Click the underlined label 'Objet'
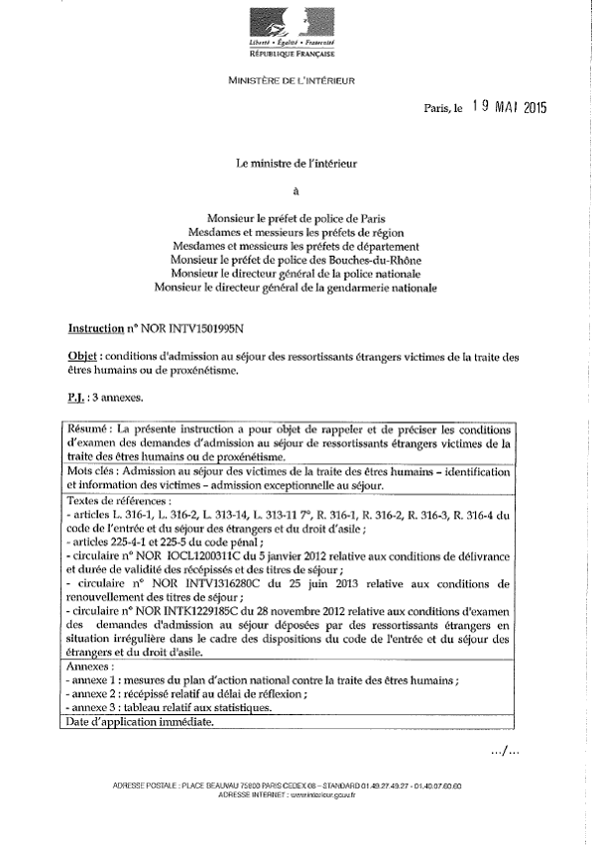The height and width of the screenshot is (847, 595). (83, 355)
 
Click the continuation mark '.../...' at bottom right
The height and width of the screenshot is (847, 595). (505, 751)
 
